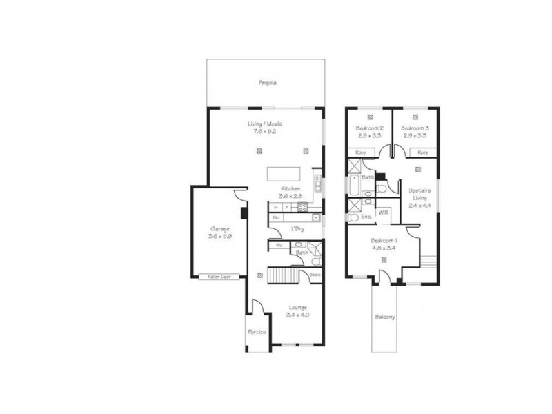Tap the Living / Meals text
(x=265, y=124)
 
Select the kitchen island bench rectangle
(x=283, y=172)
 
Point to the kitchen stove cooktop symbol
(x=302, y=206)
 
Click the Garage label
(x=220, y=229)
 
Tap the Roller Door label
(x=219, y=277)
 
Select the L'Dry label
(x=298, y=228)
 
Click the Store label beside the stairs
(x=315, y=275)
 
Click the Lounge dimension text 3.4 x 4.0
(x=297, y=315)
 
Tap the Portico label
(x=257, y=332)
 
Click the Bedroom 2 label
(x=369, y=129)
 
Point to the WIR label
(x=383, y=213)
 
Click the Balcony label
(x=385, y=317)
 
